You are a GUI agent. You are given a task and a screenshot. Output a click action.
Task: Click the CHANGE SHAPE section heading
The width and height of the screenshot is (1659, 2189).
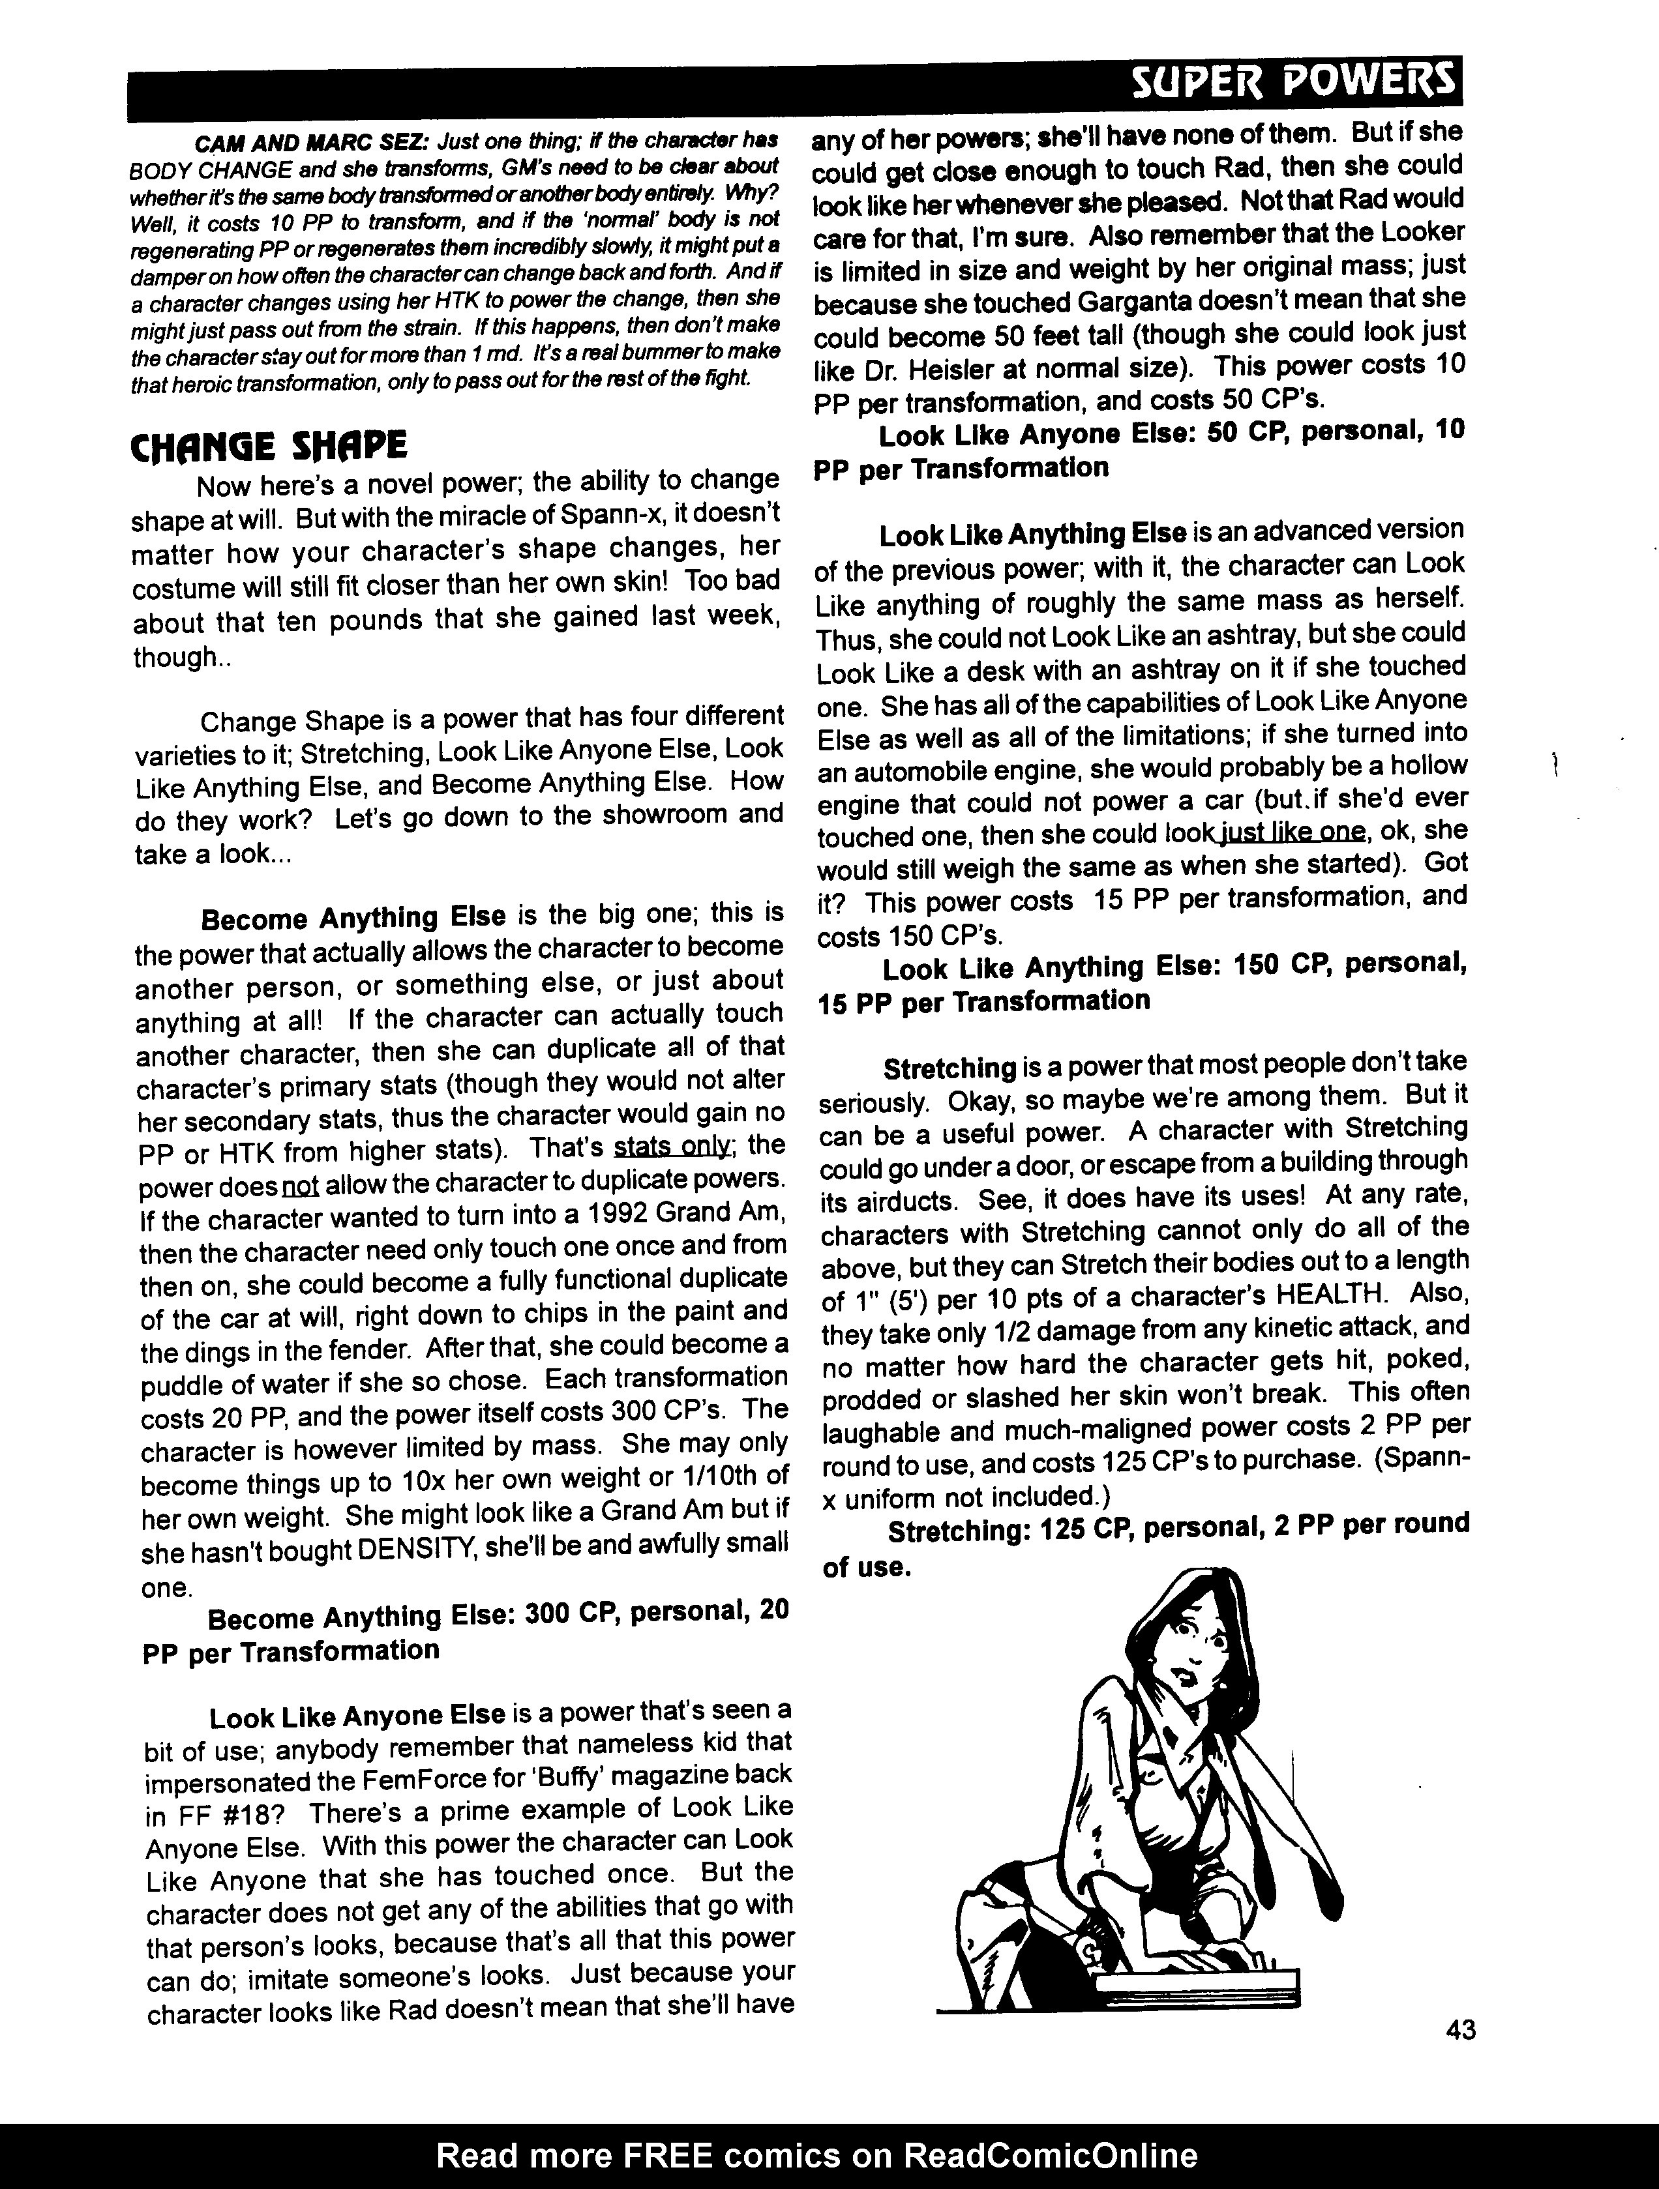268,447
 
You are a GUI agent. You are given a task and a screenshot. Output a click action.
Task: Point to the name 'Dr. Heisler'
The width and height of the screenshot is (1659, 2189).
901,369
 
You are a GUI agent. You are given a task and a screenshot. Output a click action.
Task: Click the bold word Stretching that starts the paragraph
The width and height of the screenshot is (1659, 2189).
949,1069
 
